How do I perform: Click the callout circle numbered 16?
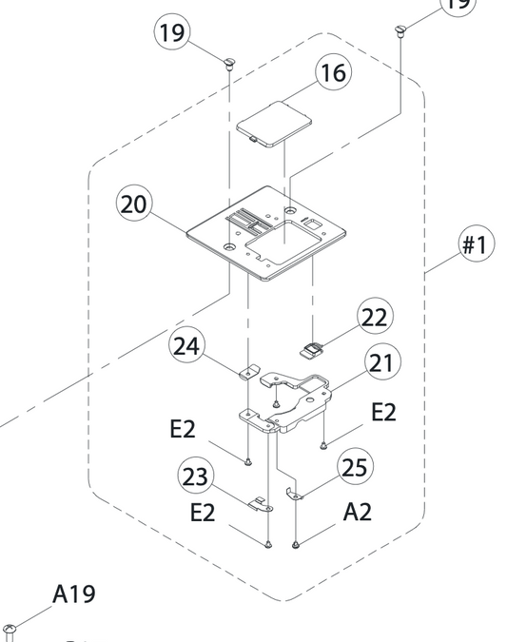click(333, 73)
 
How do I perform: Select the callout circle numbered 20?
click(134, 204)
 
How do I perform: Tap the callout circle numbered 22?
click(375, 317)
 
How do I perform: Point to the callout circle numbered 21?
click(382, 362)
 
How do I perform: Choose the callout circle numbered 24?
click(186, 346)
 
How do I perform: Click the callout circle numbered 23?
click(196, 476)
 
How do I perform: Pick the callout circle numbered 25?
click(355, 467)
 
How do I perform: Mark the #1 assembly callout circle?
click(476, 244)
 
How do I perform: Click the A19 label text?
click(74, 594)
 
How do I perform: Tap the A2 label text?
click(358, 513)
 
